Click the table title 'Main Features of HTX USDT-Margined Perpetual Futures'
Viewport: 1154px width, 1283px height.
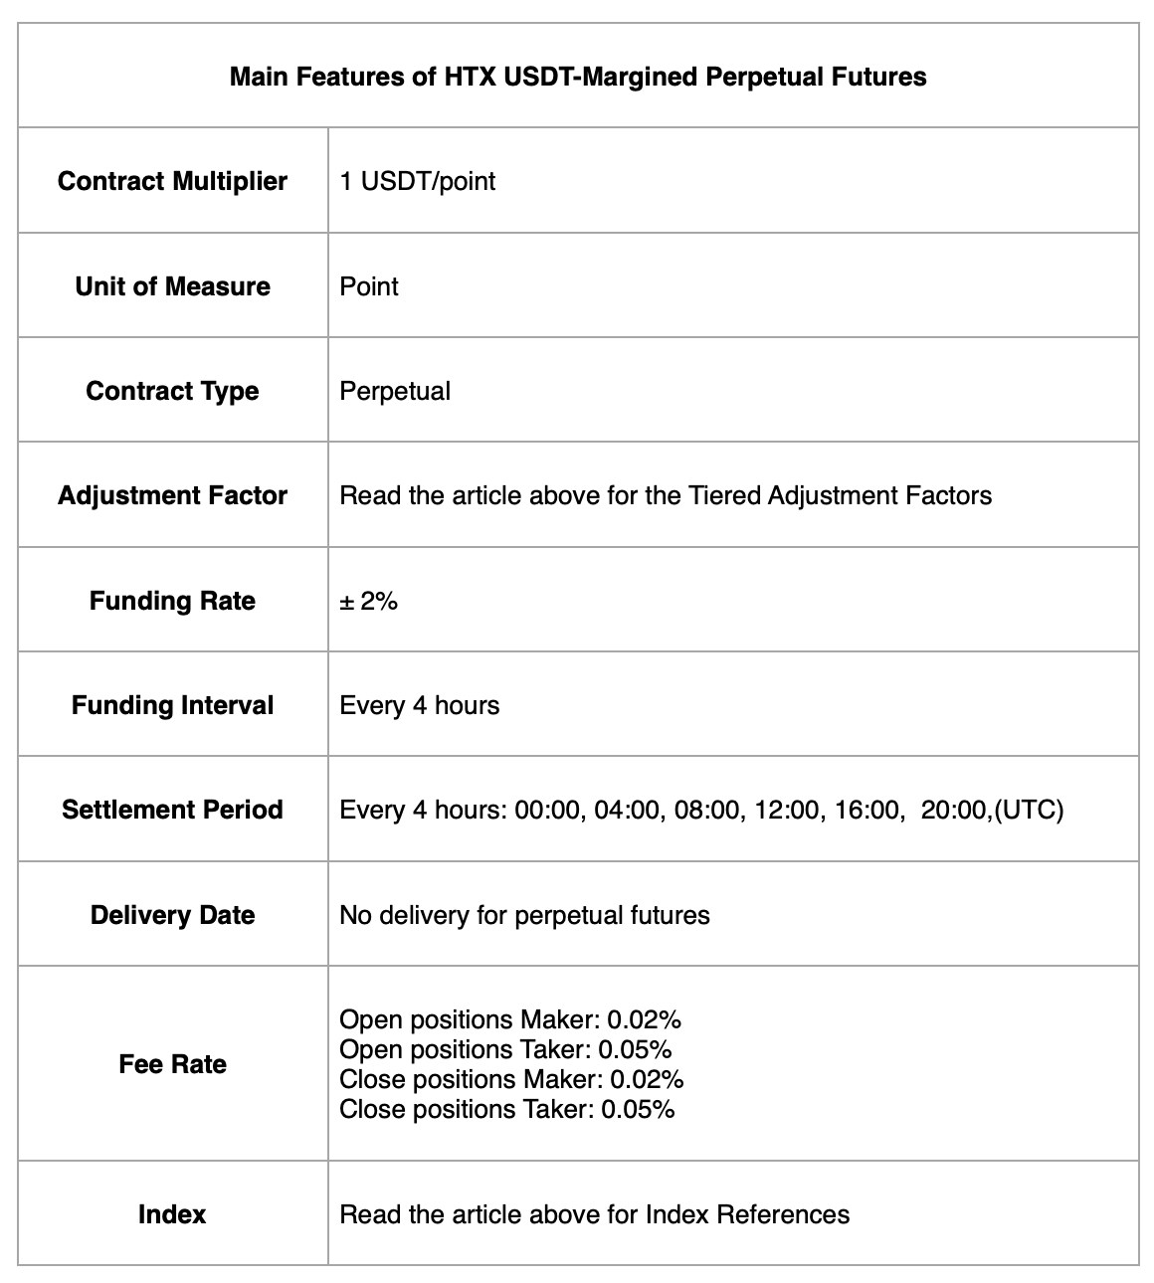pyautogui.click(x=577, y=77)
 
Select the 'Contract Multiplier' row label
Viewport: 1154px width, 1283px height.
pyautogui.click(x=172, y=181)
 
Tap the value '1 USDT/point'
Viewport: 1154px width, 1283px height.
pyautogui.click(x=417, y=181)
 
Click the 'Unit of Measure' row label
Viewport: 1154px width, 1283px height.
pyautogui.click(x=172, y=286)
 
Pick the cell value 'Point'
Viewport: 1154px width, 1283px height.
pyautogui.click(x=369, y=286)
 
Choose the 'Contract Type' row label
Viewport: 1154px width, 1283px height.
pyautogui.click(x=172, y=391)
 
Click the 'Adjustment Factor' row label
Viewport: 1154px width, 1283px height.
pyautogui.click(x=172, y=495)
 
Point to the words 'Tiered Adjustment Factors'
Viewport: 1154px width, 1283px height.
pyautogui.click(x=840, y=495)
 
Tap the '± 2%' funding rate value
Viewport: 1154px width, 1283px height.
pyautogui.click(x=368, y=601)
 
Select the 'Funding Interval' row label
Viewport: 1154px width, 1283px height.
pyautogui.click(x=172, y=705)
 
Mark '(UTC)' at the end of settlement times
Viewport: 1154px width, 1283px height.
pyautogui.click(x=1029, y=810)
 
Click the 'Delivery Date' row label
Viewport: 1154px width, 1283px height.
pyautogui.click(x=172, y=915)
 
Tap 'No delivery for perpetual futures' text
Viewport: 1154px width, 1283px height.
pyautogui.click(x=524, y=915)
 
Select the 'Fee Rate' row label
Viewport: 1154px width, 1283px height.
pyautogui.click(x=172, y=1064)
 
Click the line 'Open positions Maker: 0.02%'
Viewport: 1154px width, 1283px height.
pyautogui.click(x=510, y=1019)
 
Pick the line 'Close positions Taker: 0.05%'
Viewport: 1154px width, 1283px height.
pyautogui.click(x=506, y=1109)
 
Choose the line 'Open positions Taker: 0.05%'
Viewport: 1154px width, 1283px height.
pyautogui.click(x=505, y=1049)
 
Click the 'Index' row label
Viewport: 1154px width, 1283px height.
pyautogui.click(x=172, y=1214)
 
